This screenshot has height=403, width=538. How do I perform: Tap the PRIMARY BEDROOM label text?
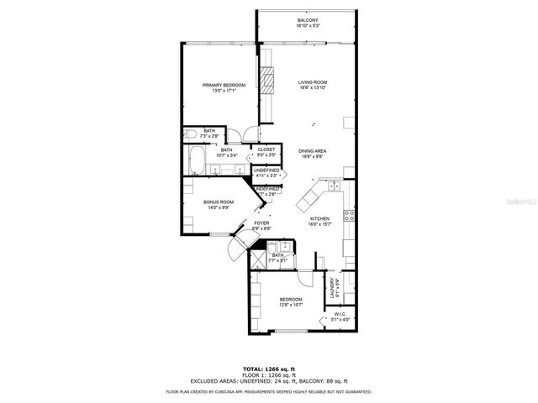click(x=224, y=85)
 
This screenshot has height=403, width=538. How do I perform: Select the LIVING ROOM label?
click(x=312, y=82)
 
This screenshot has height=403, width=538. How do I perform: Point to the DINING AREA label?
click(x=312, y=151)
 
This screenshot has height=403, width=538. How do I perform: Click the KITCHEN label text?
click(x=318, y=220)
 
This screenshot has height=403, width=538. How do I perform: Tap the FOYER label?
click(x=262, y=223)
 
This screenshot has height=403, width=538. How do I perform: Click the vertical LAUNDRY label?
click(x=333, y=289)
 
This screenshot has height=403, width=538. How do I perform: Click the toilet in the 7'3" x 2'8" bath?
click(x=191, y=133)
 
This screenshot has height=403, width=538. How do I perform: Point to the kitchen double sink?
click(x=334, y=186)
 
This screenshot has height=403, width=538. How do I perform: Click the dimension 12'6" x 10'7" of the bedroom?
click(x=291, y=304)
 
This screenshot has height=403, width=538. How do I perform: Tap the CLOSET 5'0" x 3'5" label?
click(x=266, y=152)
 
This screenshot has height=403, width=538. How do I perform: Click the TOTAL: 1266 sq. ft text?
click(x=268, y=368)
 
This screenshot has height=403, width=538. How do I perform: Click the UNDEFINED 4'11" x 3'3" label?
click(x=266, y=171)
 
